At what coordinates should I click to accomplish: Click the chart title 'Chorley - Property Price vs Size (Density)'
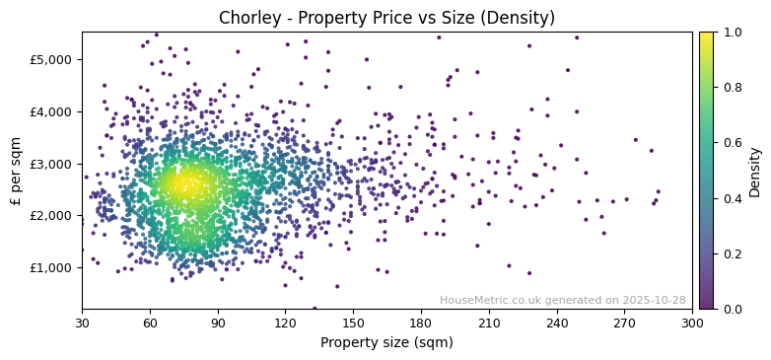386,18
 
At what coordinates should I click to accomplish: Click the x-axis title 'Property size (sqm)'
386,343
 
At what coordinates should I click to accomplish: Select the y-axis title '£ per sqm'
16,171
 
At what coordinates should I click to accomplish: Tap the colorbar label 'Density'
754,171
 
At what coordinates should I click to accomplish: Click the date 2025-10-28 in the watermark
655,300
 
